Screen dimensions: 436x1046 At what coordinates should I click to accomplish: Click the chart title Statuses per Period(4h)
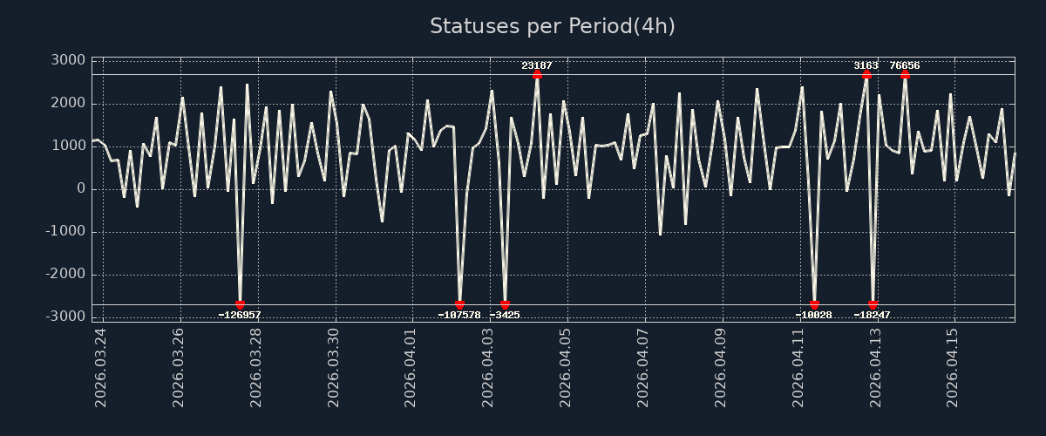[x=553, y=26]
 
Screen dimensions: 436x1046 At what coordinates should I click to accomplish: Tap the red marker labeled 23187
[x=537, y=74]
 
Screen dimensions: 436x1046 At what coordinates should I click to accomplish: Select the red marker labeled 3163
[x=866, y=74]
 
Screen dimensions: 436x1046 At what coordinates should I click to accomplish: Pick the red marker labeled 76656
[x=905, y=74]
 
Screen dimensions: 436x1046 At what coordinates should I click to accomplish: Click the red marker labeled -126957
[x=240, y=304]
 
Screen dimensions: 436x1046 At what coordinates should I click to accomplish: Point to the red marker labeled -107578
[x=459, y=304]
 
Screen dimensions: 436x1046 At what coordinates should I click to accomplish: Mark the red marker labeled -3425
[x=505, y=304]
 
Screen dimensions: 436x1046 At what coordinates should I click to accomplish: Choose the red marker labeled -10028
[x=814, y=304]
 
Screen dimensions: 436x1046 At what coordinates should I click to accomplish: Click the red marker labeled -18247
[x=873, y=304]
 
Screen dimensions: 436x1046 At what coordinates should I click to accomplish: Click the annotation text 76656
[x=905, y=65]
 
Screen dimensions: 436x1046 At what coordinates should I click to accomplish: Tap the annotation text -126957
[x=240, y=315]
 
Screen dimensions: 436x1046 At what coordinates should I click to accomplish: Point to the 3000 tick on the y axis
[x=68, y=60]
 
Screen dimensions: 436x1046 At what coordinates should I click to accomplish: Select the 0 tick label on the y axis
[x=80, y=188]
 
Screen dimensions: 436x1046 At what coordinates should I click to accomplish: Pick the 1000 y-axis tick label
[x=68, y=146]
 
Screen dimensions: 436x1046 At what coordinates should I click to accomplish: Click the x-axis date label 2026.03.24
[x=101, y=367]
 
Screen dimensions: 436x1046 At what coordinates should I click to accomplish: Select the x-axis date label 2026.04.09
[x=721, y=367]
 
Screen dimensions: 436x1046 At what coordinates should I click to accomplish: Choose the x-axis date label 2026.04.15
[x=953, y=367]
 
